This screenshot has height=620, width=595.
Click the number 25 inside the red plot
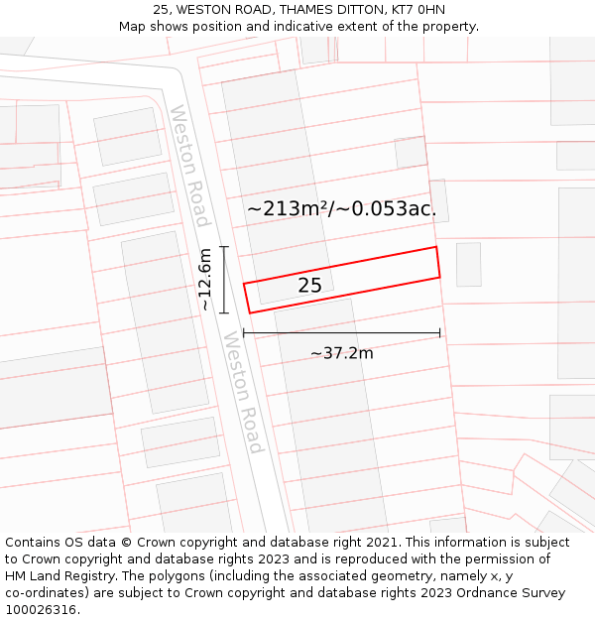[309, 286]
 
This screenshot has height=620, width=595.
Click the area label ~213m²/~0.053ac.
[341, 209]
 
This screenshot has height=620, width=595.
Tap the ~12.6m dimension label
[205, 280]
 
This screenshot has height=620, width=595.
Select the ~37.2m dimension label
[341, 353]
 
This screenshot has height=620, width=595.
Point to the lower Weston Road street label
[244, 393]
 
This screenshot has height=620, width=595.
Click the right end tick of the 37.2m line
[439, 333]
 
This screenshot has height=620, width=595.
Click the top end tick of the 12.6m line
[224, 247]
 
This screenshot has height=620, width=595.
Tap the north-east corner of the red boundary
[435, 247]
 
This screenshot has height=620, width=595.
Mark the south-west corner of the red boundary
[249, 312]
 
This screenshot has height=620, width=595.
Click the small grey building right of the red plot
[469, 264]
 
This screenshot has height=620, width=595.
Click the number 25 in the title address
[161, 10]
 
